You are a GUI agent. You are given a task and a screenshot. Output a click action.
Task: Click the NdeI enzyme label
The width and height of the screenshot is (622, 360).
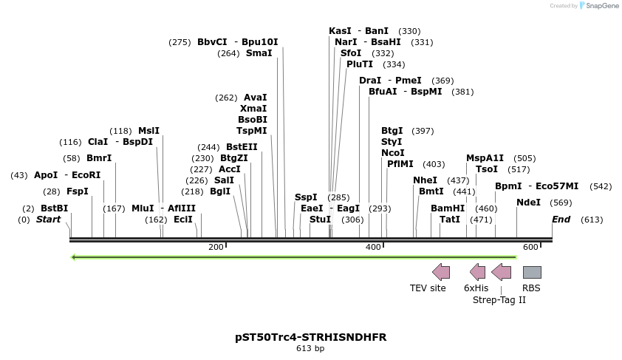pyautogui.click(x=528, y=203)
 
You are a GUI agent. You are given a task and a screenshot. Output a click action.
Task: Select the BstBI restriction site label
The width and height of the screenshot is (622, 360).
pyautogui.click(x=54, y=208)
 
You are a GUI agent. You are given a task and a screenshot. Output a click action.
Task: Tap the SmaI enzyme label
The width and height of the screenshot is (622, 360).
pyautogui.click(x=259, y=53)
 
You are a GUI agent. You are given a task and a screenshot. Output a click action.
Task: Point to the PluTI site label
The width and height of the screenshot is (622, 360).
pyautogui.click(x=360, y=64)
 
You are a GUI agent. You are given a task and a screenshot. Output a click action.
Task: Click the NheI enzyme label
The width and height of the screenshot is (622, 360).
pyautogui.click(x=425, y=180)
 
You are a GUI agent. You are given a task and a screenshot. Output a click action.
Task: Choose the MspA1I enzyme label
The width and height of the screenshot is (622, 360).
pyautogui.click(x=485, y=158)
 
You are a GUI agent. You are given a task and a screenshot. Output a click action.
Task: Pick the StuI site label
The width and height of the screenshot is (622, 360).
pyautogui.click(x=320, y=220)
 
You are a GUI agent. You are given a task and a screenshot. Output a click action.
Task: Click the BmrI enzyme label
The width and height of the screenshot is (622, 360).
pyautogui.click(x=99, y=158)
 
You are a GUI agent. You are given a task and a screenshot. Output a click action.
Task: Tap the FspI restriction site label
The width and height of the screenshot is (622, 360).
pyautogui.click(x=77, y=191)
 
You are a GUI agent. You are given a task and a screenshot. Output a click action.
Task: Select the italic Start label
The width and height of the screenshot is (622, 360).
pyautogui.click(x=48, y=220)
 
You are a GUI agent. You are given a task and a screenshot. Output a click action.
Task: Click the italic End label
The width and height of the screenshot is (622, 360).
pyautogui.click(x=561, y=220)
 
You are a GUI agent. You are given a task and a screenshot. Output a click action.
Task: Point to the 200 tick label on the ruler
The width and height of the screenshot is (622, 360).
pyautogui.click(x=216, y=247)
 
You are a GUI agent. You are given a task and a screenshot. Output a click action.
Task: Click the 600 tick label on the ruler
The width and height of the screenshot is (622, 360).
pyautogui.click(x=530, y=247)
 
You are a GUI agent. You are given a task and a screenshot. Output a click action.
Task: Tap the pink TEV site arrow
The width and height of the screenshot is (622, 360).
pyautogui.click(x=441, y=272)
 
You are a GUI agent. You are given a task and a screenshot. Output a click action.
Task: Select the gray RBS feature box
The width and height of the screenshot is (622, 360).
pyautogui.click(x=532, y=272)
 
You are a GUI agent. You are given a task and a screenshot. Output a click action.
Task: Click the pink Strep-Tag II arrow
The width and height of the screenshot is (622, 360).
pyautogui.click(x=502, y=272)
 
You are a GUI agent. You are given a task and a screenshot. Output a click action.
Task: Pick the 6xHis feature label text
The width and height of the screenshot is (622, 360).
pyautogui.click(x=476, y=288)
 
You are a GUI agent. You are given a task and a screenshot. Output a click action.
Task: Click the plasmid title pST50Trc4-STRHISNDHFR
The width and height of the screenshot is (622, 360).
pyautogui.click(x=310, y=337)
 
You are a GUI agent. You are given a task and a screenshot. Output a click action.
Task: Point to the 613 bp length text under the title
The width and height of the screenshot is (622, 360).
pyautogui.click(x=310, y=348)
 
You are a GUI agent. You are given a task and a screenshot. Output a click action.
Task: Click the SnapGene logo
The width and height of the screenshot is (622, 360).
pyautogui.click(x=598, y=6)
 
